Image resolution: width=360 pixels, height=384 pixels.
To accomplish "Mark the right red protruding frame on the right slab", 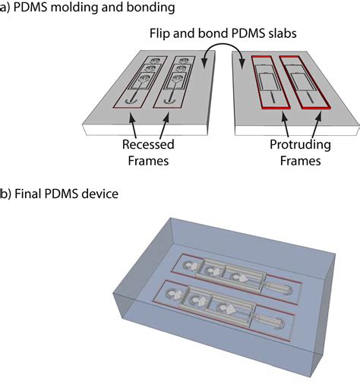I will tap(308, 80).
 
